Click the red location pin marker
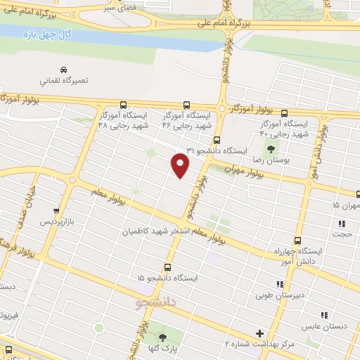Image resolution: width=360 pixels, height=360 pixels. coord(181,165)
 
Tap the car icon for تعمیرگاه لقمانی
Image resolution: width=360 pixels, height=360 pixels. coord(64,70)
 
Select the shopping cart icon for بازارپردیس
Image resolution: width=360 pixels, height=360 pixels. coord(56,210)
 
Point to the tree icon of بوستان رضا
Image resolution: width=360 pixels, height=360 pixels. coord(270,149)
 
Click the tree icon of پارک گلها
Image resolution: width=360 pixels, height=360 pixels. coord(163,338)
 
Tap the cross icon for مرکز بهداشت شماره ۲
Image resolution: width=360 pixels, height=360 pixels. coord(259,333)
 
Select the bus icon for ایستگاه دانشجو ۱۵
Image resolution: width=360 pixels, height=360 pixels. coord(167,267)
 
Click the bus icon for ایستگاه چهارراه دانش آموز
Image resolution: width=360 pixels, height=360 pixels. coord(297,240)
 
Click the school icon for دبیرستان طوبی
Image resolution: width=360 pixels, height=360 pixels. coord(280,284)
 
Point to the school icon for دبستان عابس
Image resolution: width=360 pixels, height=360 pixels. coord(324,316)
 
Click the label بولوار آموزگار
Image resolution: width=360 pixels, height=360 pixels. coord(251,111)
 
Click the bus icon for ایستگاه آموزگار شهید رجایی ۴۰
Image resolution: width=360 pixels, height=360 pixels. coord(284,112)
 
